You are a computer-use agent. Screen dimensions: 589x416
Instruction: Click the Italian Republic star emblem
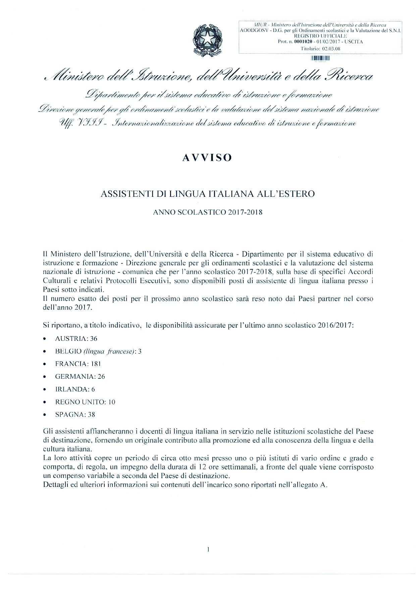207,39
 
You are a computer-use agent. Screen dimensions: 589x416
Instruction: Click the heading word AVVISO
207,158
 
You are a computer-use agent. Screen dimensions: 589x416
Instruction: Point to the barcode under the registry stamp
321,58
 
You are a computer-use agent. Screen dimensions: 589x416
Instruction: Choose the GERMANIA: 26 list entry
80,377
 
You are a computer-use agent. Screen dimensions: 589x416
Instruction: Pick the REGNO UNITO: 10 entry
85,402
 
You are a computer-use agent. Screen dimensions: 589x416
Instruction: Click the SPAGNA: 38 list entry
75,415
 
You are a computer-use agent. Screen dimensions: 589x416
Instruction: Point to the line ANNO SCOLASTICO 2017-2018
208,212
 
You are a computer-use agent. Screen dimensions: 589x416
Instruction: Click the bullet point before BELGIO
45,352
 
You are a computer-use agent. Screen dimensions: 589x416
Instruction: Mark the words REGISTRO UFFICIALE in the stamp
320,36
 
